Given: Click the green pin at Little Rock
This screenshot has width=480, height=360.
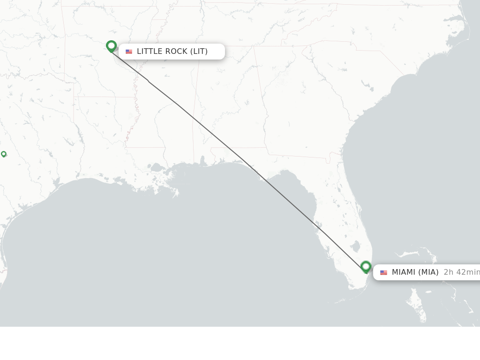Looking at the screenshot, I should click(x=111, y=46).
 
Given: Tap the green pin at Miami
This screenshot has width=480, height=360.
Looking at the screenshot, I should click(x=366, y=267).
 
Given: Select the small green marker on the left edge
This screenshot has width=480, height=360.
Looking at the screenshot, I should click(x=4, y=154).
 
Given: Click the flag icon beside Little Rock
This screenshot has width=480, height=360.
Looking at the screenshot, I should click(x=129, y=52).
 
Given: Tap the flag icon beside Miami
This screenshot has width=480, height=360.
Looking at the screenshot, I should click(x=383, y=272).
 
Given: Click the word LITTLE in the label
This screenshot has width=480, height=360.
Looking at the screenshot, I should click(x=150, y=52).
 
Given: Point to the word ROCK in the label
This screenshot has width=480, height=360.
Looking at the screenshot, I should click(x=176, y=52).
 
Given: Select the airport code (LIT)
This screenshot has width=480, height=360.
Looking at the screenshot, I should click(x=199, y=52).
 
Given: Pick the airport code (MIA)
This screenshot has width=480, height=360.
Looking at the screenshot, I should click(x=428, y=272).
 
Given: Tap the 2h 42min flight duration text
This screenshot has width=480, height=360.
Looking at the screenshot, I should click(x=461, y=272).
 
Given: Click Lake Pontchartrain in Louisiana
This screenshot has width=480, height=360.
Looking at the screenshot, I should click(x=157, y=167).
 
